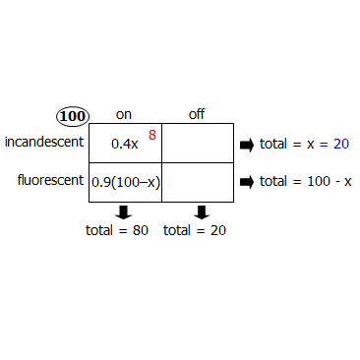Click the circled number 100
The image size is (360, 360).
coord(73,116)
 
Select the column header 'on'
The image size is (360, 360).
coord(124,114)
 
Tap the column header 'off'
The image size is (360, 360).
coord(197,114)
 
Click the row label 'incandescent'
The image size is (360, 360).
coord(44,143)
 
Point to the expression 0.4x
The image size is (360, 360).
coord(124,144)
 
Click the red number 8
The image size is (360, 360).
coord(152,134)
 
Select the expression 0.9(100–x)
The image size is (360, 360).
coord(125,182)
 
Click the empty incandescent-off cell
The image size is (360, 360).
coord(197,143)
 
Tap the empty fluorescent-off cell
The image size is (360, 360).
coord(197,182)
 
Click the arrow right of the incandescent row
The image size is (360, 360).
coord(247,145)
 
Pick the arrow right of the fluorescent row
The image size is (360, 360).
coord(247,182)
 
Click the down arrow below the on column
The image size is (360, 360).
coord(124,212)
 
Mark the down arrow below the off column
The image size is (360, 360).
coord(202,212)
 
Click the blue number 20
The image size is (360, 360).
coord(340,144)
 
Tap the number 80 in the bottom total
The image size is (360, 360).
coord(140,231)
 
